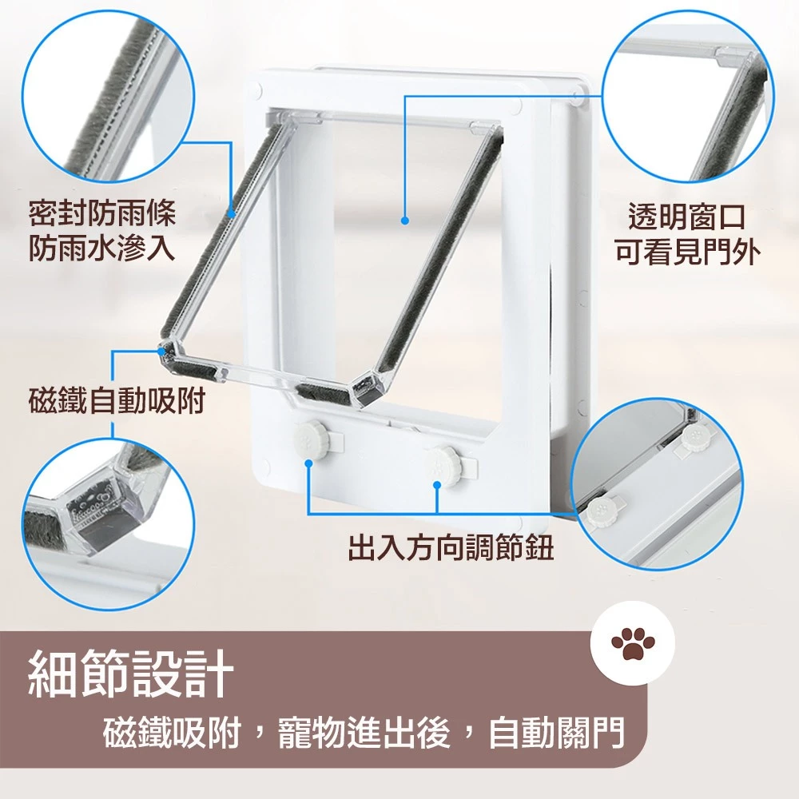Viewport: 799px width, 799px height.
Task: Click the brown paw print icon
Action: [632, 643]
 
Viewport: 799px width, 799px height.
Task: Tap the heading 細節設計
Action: [131, 673]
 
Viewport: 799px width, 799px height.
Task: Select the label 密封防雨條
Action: [102, 213]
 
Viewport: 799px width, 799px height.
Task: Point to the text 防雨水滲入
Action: [102, 248]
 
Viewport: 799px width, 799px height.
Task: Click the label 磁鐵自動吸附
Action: [117, 401]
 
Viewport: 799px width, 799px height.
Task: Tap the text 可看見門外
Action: [688, 252]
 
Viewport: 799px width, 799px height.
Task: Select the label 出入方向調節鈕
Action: [451, 548]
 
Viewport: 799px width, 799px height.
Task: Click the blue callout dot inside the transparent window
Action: [405, 221]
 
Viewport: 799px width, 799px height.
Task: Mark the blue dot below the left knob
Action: [308, 463]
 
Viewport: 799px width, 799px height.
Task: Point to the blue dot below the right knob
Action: [437, 485]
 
